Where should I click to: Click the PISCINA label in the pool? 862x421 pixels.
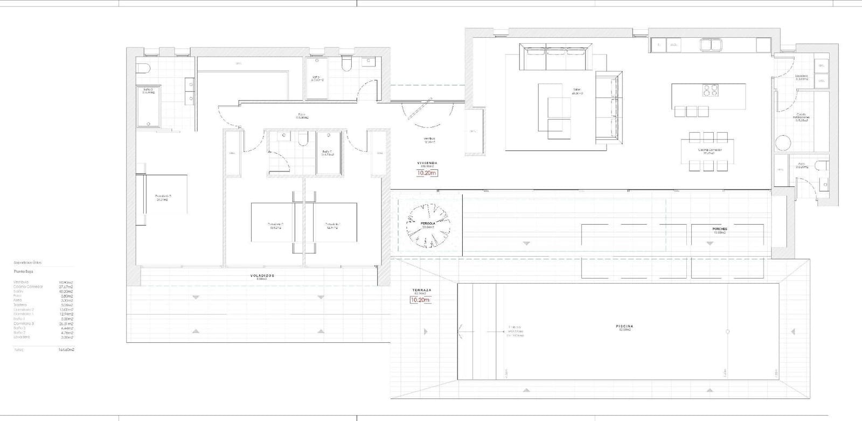[x=624, y=326]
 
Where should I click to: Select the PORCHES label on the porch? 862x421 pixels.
[x=720, y=229]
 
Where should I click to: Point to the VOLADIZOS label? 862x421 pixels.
[x=262, y=275]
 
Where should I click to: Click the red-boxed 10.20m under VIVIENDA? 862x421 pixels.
[x=427, y=173]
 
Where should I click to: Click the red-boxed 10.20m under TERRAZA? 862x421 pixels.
[x=420, y=300]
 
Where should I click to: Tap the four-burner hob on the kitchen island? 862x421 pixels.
[x=709, y=90]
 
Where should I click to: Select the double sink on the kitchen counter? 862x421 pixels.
[x=712, y=44]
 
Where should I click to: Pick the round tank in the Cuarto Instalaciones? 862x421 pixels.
[x=783, y=143]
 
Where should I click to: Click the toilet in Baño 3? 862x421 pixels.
[x=143, y=68]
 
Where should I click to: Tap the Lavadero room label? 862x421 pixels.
[x=801, y=77]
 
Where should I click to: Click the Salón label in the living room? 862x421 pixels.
[x=578, y=90]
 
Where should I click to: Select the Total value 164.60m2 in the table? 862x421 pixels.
[x=66, y=350]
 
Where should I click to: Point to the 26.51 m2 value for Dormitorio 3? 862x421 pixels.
[x=66, y=324]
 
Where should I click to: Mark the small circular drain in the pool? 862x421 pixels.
[x=728, y=332]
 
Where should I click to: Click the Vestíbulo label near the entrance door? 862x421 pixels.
[x=429, y=139]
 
